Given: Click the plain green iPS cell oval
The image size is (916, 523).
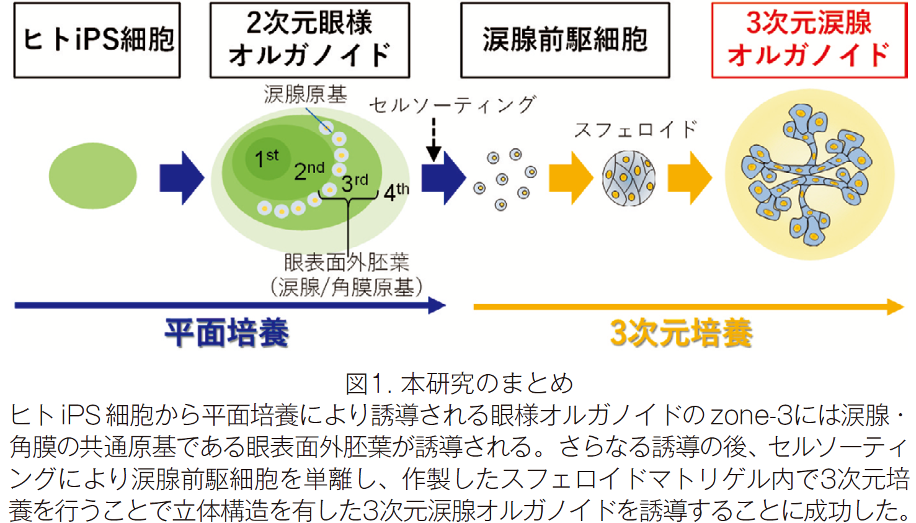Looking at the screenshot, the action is pos(93,176).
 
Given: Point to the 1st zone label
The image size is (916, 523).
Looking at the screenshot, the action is pos(266,158).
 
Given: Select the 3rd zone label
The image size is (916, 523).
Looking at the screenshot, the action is pos(355,183).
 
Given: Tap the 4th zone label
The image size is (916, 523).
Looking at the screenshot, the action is pos(396,192).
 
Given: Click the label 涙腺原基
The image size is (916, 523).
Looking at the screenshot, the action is pos(306,94).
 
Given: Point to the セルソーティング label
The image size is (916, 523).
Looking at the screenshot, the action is pos(452,105).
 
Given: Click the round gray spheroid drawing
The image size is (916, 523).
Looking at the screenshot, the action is pos(629,178).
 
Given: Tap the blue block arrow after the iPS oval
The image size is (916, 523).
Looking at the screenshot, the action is pos(182,177).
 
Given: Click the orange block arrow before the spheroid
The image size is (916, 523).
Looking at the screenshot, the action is pos(571,177).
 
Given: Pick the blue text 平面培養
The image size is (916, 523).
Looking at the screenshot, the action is pos(227,333).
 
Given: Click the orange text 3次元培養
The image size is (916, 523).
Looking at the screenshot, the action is pos(682,333).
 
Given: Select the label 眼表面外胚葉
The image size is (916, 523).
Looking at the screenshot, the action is pos(347,262).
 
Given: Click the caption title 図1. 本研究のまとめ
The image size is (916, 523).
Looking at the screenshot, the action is pos(459,384).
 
